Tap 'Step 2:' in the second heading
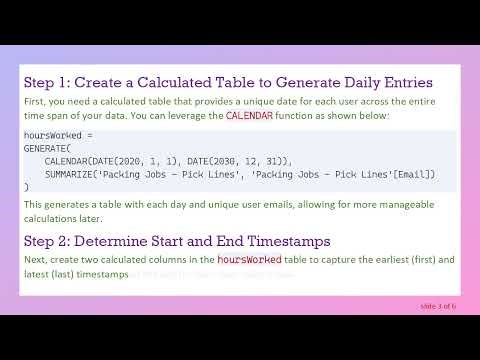pyautogui.click(x=48, y=240)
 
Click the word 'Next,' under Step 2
pyautogui.click(x=37, y=260)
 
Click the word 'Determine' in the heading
pyautogui.click(x=125, y=240)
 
